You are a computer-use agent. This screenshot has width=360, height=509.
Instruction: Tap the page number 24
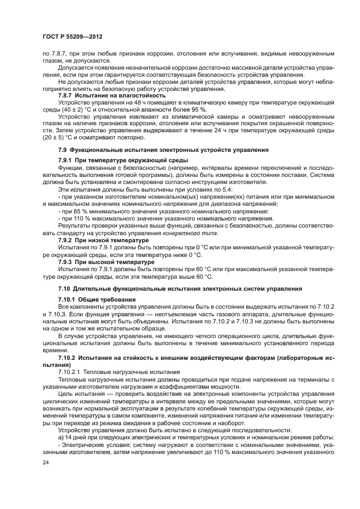point(45,463)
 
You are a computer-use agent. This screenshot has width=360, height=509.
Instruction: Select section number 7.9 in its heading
point(63,149)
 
